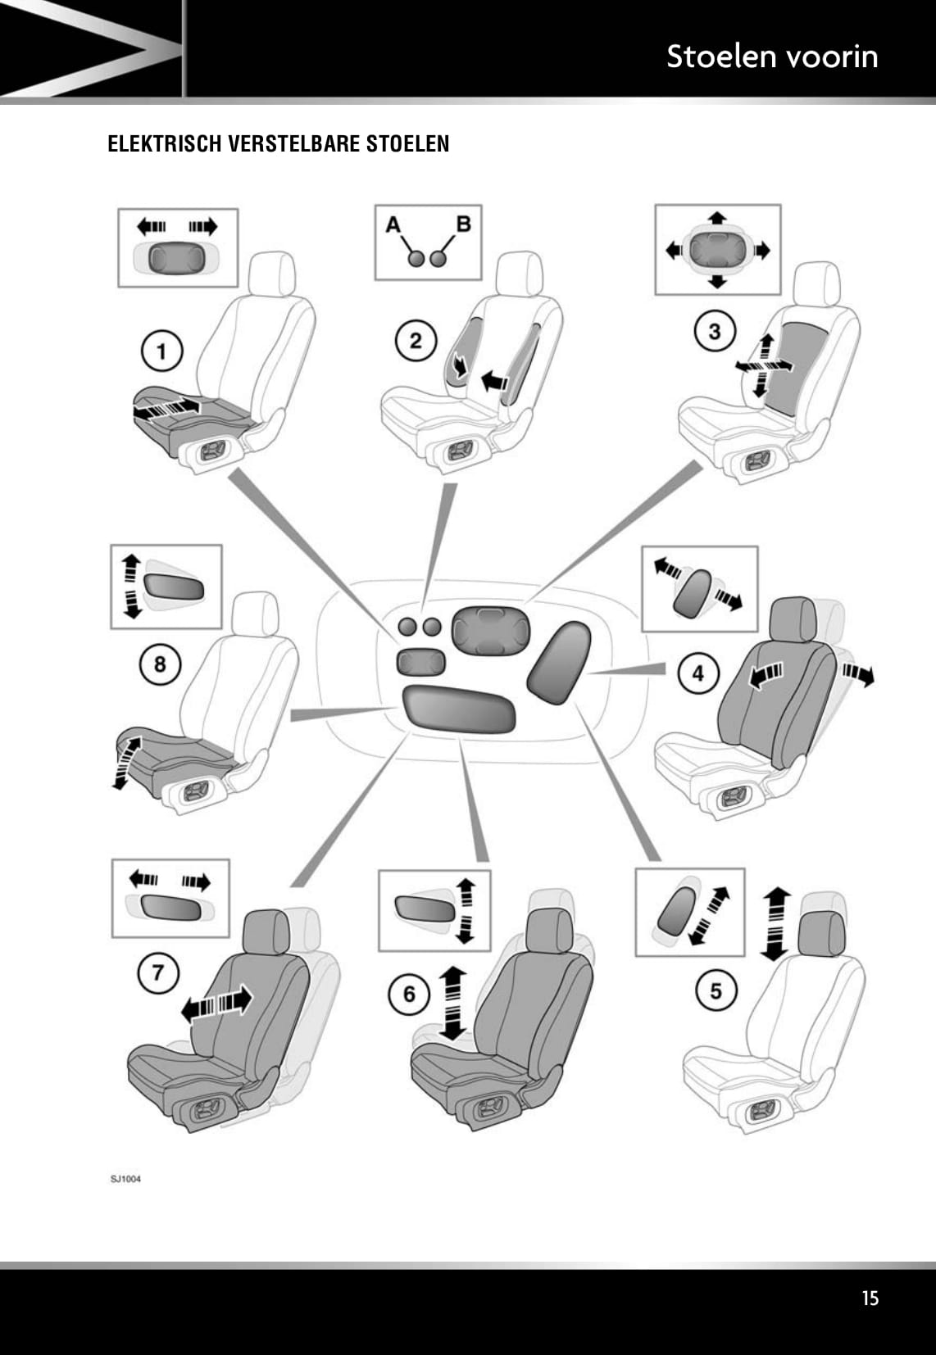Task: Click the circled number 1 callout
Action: (x=161, y=351)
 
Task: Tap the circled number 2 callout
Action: (x=416, y=340)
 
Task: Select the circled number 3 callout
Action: (x=715, y=332)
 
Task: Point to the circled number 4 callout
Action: (x=697, y=673)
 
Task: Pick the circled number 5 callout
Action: (x=716, y=991)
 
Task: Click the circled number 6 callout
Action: (x=409, y=995)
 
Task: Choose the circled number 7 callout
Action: (x=157, y=973)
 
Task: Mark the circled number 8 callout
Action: (x=159, y=663)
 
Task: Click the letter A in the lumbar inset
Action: (x=393, y=223)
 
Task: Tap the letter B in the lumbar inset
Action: (x=463, y=223)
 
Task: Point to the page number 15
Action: (x=870, y=1298)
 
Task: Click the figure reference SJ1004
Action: (x=125, y=1179)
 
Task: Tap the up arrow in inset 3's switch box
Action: (x=718, y=218)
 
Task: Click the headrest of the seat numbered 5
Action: (x=820, y=931)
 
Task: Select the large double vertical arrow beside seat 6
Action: (x=452, y=1002)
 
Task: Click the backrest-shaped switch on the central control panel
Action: (x=558, y=662)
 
